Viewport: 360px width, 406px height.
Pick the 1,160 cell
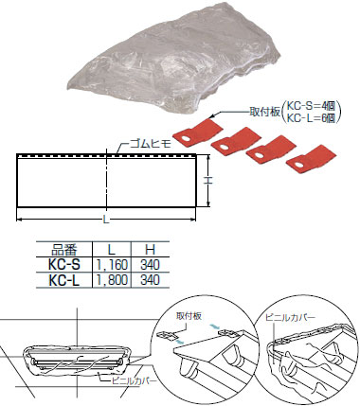pos(112,265)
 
